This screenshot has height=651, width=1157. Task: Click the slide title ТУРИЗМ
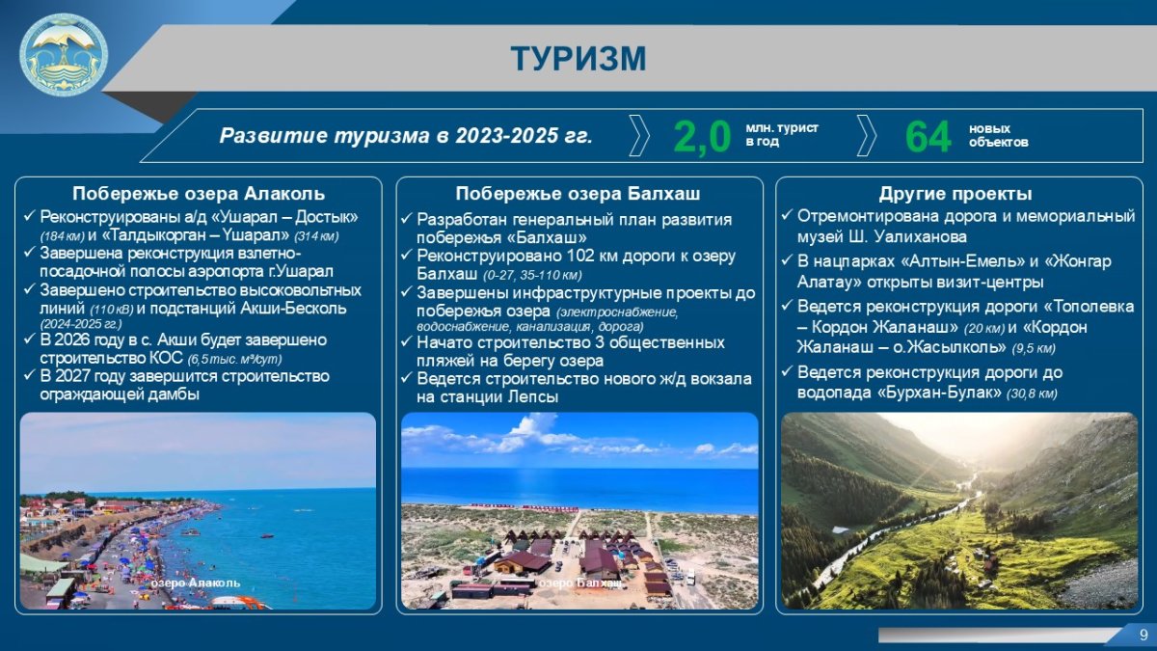pos(578,59)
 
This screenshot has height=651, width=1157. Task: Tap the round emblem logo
pos(64,55)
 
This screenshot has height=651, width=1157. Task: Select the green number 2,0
pos(703,136)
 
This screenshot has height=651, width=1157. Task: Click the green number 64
pos(928,136)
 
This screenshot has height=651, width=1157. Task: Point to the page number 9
pos(1144,635)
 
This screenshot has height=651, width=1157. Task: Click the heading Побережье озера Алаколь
pos(199,193)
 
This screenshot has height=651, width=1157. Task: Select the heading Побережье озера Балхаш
pos(578,193)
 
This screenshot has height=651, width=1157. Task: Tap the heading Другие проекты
pos(955,193)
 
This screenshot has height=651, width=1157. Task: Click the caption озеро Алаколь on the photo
pos(195,583)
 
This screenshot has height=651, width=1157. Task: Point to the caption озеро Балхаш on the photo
pos(580,583)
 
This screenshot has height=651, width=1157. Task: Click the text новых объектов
pos(999,135)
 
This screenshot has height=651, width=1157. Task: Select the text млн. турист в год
pos(782,134)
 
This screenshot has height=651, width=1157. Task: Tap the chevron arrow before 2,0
pos(639,135)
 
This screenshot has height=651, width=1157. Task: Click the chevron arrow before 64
pos(867,135)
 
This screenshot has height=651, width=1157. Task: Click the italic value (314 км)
pos(316,236)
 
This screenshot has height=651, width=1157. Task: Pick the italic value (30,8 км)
pos(1032,393)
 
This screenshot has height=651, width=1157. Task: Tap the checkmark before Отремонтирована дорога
pos(787,215)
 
